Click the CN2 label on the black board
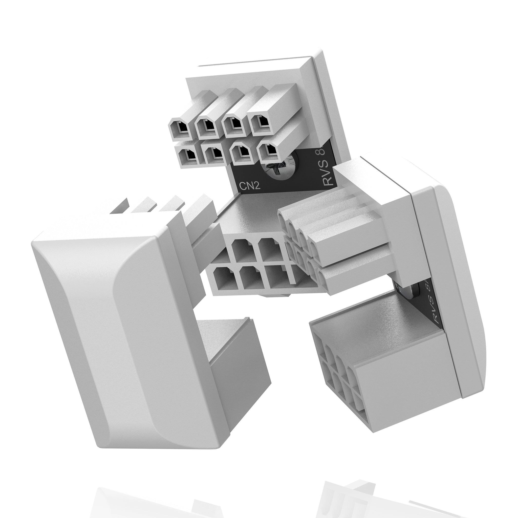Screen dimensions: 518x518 249,186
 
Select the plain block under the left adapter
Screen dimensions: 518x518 236,359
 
